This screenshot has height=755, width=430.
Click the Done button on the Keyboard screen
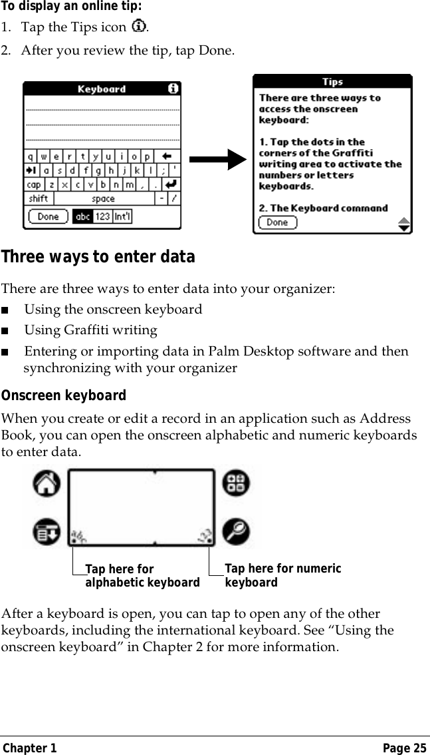[48, 216]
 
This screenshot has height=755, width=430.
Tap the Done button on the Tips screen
[277, 222]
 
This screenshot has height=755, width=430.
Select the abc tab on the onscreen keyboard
[82, 216]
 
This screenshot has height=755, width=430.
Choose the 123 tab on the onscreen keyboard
[102, 216]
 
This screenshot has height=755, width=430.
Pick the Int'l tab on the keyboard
[122, 216]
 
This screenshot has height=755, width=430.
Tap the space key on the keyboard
[103, 198]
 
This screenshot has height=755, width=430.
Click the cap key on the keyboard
[33, 184]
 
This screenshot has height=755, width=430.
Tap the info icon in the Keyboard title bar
[173, 89]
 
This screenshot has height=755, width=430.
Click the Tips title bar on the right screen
[332, 81]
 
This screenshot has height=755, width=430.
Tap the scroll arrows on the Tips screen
[403, 223]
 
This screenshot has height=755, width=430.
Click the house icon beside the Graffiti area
[46, 484]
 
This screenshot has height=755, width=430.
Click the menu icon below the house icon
[46, 532]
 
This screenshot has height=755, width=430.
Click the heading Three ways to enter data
[98, 257]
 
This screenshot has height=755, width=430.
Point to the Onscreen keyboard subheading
[63, 396]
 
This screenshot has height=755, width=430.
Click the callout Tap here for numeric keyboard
[282, 575]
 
